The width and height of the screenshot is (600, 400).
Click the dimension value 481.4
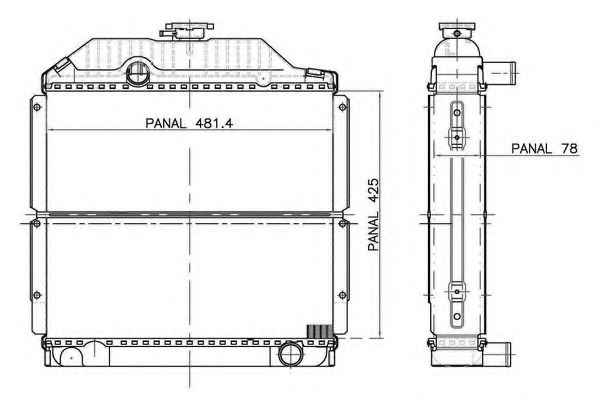[x=214, y=123]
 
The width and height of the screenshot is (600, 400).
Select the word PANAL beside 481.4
[x=165, y=123]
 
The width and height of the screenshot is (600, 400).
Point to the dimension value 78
[x=569, y=149]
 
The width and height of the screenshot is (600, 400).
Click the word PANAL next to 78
[x=532, y=149]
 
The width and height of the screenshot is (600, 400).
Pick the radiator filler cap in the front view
[x=187, y=31]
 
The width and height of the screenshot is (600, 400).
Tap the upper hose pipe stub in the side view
[x=500, y=73]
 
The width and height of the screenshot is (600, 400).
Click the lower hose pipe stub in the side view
[x=497, y=354]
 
